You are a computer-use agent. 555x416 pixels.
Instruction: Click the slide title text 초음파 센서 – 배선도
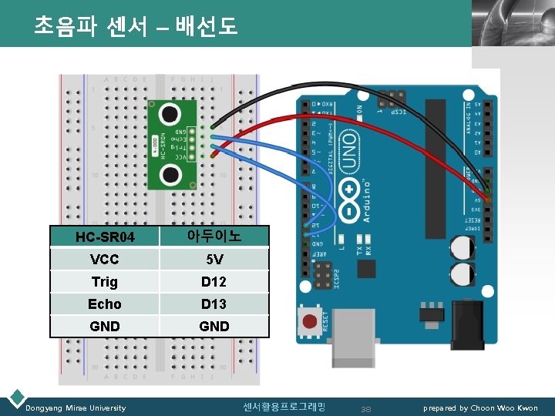pos(136,27)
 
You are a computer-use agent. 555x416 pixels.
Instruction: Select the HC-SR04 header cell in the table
pos(105,237)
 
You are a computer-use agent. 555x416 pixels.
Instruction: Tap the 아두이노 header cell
pos(214,236)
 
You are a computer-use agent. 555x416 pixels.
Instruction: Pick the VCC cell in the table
pos(105,259)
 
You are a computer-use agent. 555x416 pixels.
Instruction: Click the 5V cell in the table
pos(214,259)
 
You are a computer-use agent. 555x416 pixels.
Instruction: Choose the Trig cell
pos(105,281)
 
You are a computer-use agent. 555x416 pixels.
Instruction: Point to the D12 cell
pos(214,281)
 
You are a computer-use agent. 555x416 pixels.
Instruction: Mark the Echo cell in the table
pos(105,304)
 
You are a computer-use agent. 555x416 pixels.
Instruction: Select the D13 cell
pos(214,304)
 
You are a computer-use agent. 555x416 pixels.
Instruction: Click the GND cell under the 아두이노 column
pos(214,326)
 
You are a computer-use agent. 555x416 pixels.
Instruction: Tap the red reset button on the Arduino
pos(311,320)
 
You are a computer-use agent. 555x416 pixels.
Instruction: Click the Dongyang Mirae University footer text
pos(76,408)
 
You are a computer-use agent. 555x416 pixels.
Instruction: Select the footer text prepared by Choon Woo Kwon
pos(480,408)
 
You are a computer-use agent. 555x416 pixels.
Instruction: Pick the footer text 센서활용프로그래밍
pos(284,406)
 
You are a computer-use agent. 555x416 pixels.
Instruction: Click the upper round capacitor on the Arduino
pos(463,247)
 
